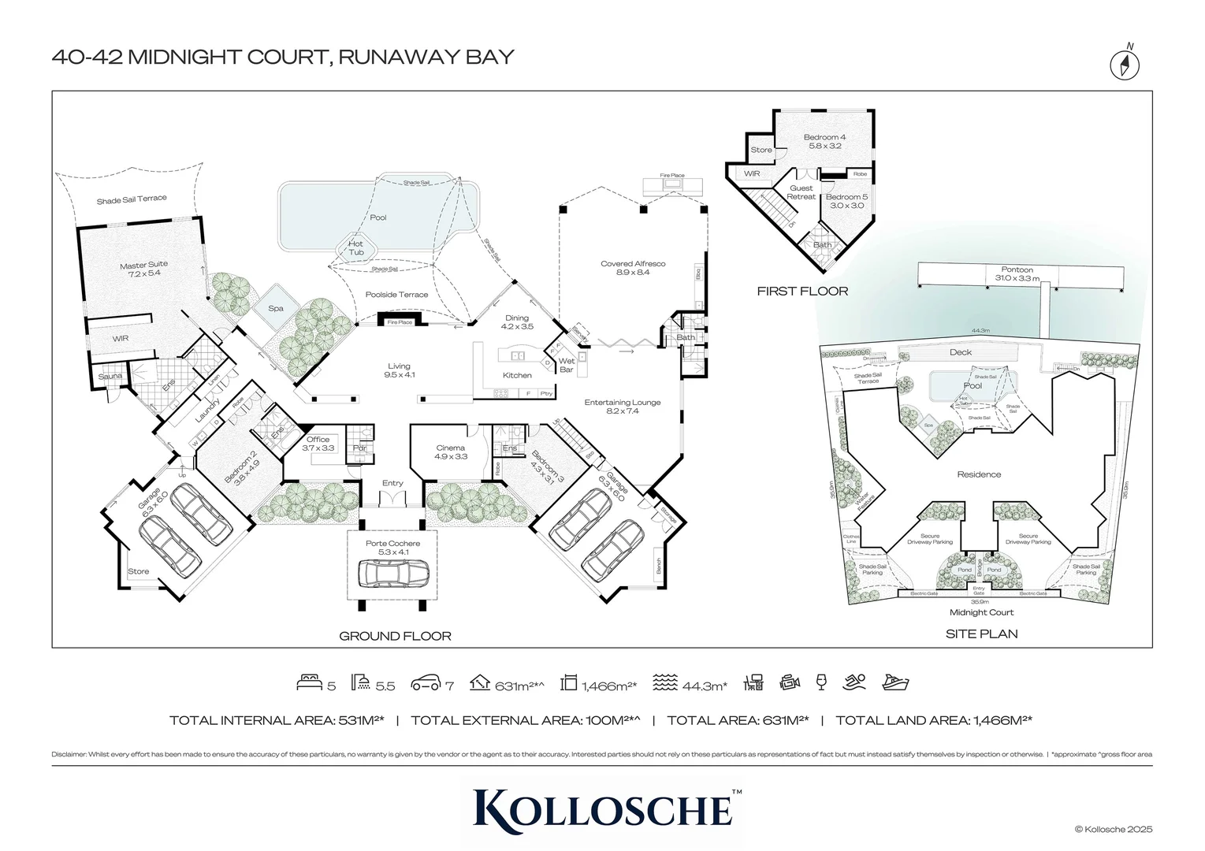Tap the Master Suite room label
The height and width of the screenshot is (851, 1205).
143,269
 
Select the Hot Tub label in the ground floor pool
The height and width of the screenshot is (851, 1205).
355,248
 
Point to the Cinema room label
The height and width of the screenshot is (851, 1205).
451,452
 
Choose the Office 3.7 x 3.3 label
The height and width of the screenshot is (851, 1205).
318,444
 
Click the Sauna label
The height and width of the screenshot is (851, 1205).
110,376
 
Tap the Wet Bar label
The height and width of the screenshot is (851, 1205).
566,365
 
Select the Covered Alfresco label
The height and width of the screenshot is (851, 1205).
633,268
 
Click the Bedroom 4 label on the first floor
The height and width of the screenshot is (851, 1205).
824,142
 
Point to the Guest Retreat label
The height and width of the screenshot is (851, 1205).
801,192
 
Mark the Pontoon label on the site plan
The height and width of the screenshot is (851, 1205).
1017,273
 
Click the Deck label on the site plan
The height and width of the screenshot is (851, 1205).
960,352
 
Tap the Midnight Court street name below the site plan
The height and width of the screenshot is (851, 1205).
981,612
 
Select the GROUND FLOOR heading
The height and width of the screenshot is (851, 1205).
395,636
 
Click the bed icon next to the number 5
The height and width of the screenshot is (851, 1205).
310,683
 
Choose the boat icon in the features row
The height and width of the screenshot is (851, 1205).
895,683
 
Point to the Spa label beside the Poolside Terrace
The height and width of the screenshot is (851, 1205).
275,308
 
